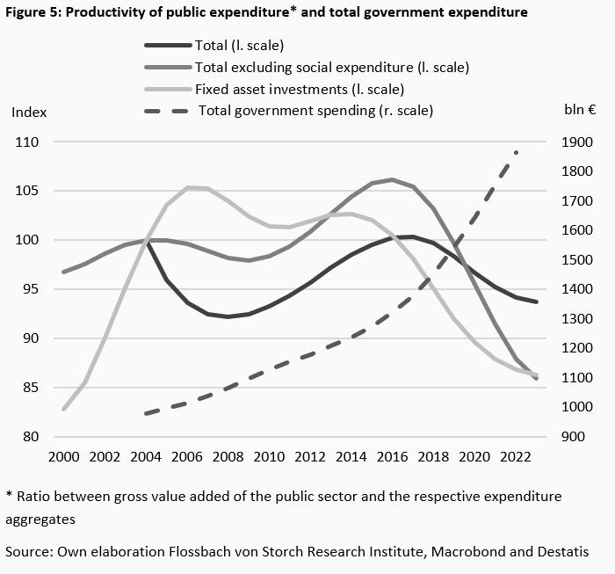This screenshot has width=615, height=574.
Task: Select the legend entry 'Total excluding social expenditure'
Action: click(x=331, y=67)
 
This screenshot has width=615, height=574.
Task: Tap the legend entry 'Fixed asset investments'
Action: click(x=299, y=89)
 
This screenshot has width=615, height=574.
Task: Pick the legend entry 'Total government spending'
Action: click(x=315, y=111)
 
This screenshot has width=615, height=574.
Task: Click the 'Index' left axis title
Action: click(x=28, y=112)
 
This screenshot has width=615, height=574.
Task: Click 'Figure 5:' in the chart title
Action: click(x=33, y=12)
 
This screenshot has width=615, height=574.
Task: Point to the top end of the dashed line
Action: click(x=517, y=152)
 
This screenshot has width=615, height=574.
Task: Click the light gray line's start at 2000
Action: click(x=63, y=410)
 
